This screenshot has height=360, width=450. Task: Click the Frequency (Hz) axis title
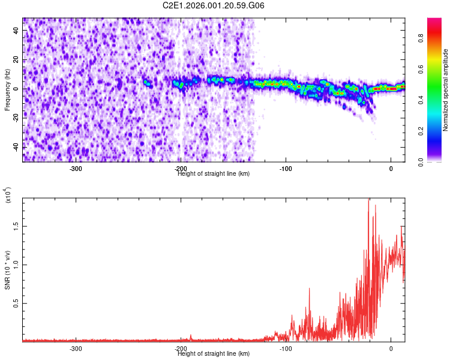coord(7,90)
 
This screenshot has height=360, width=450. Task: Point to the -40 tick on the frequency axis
coord(16,146)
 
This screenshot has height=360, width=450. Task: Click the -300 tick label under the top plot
coord(76,169)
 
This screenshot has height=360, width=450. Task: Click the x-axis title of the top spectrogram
coord(214,173)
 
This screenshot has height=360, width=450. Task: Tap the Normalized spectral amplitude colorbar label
coord(446,90)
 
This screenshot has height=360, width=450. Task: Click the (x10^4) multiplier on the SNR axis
coord(8,195)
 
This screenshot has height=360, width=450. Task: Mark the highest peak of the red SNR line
coord(368,199)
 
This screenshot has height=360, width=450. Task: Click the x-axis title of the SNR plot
coord(214,353)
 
